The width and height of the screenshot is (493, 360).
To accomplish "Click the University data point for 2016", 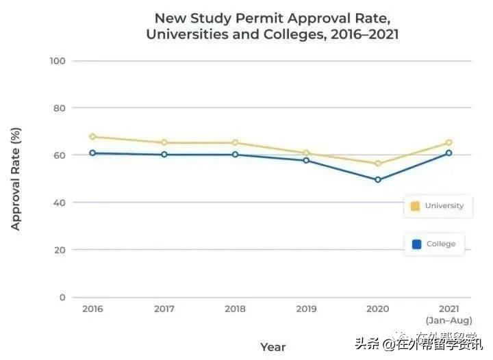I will click(x=92, y=137).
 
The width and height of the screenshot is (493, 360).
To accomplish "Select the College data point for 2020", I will click(x=377, y=180).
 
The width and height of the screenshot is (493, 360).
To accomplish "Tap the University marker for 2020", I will click(x=377, y=164).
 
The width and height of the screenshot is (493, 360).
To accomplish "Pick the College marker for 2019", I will click(x=306, y=160).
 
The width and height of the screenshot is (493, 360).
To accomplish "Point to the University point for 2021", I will click(x=448, y=143).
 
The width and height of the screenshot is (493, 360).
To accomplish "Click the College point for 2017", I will click(x=164, y=155).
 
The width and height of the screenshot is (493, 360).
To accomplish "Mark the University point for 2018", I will click(x=235, y=143).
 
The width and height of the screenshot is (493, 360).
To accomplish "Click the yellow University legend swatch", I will click(x=415, y=206).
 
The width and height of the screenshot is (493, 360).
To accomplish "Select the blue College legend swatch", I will click(x=416, y=244).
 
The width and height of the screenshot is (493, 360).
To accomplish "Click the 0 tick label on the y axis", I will click(x=62, y=297).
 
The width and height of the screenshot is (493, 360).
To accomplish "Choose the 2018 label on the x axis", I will click(x=235, y=309).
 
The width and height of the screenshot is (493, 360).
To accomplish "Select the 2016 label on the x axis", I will click(x=92, y=309).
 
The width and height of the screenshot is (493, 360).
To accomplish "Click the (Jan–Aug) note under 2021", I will click(x=448, y=320).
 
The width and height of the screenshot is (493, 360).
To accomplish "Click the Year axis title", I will click(x=273, y=347).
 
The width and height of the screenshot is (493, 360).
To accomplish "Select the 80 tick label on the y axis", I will click(x=60, y=108).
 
